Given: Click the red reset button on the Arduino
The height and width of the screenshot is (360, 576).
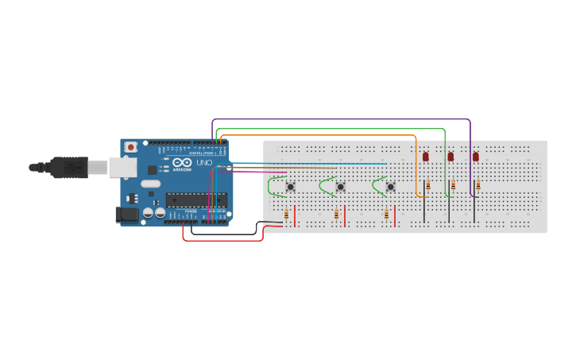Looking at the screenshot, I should pos(130,147).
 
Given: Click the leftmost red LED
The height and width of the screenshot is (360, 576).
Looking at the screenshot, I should pos(425,157).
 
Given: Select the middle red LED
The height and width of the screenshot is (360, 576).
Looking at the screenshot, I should pos(450,157).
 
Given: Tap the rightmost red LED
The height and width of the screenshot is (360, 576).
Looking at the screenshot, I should pos(476,157).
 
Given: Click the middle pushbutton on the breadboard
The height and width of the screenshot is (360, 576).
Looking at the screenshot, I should pos(340,187).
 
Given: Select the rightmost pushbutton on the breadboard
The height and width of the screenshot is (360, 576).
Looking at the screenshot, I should pos(390,187).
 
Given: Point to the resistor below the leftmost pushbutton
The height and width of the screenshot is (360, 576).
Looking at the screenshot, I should pos(286,213).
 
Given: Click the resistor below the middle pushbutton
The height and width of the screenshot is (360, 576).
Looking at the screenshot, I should pos(336,214).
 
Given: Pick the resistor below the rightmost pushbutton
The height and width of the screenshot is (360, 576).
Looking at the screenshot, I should pos(386,214).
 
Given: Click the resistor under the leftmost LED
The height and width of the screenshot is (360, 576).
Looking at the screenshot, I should pos(428,184).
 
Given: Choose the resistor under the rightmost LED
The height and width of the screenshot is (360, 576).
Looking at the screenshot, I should pos(478,184).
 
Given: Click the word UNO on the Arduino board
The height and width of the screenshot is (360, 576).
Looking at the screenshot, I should pos(204,163).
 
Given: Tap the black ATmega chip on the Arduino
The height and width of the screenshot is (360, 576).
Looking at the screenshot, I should pos(196,199).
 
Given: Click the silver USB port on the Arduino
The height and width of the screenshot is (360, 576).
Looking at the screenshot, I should pos(122,167).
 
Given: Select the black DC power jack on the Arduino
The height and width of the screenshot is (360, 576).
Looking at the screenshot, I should pos(126,215).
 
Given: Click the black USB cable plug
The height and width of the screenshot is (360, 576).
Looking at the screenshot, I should pos(68,168).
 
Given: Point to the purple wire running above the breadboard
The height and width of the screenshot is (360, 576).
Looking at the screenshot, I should pos(342,120).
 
